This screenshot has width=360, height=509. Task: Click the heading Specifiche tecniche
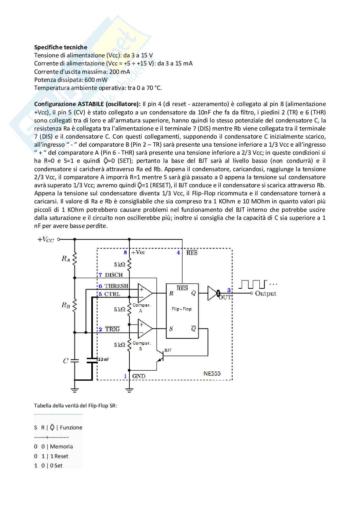point(61,47)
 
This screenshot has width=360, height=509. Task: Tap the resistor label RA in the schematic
point(66,259)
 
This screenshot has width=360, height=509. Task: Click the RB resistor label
point(66,305)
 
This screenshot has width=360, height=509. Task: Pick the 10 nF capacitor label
point(103,359)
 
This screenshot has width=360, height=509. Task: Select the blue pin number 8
point(125,252)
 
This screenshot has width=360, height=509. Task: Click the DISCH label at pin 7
point(114,275)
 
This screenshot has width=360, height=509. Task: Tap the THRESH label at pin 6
point(116,286)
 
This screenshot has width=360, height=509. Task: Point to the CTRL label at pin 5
point(112,294)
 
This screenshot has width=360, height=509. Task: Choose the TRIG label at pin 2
point(112,329)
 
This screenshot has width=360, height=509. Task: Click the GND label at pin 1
point(139,376)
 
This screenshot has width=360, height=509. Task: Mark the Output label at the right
point(265,293)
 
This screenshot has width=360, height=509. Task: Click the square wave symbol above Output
point(254,284)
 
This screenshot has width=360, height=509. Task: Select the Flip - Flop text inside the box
point(182,309)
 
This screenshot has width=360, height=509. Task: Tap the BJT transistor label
point(168,350)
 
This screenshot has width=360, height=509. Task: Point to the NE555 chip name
point(212,374)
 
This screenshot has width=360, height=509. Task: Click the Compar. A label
point(141,308)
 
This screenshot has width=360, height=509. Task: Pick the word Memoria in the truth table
point(61,446)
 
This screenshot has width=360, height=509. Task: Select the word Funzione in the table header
point(71,427)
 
